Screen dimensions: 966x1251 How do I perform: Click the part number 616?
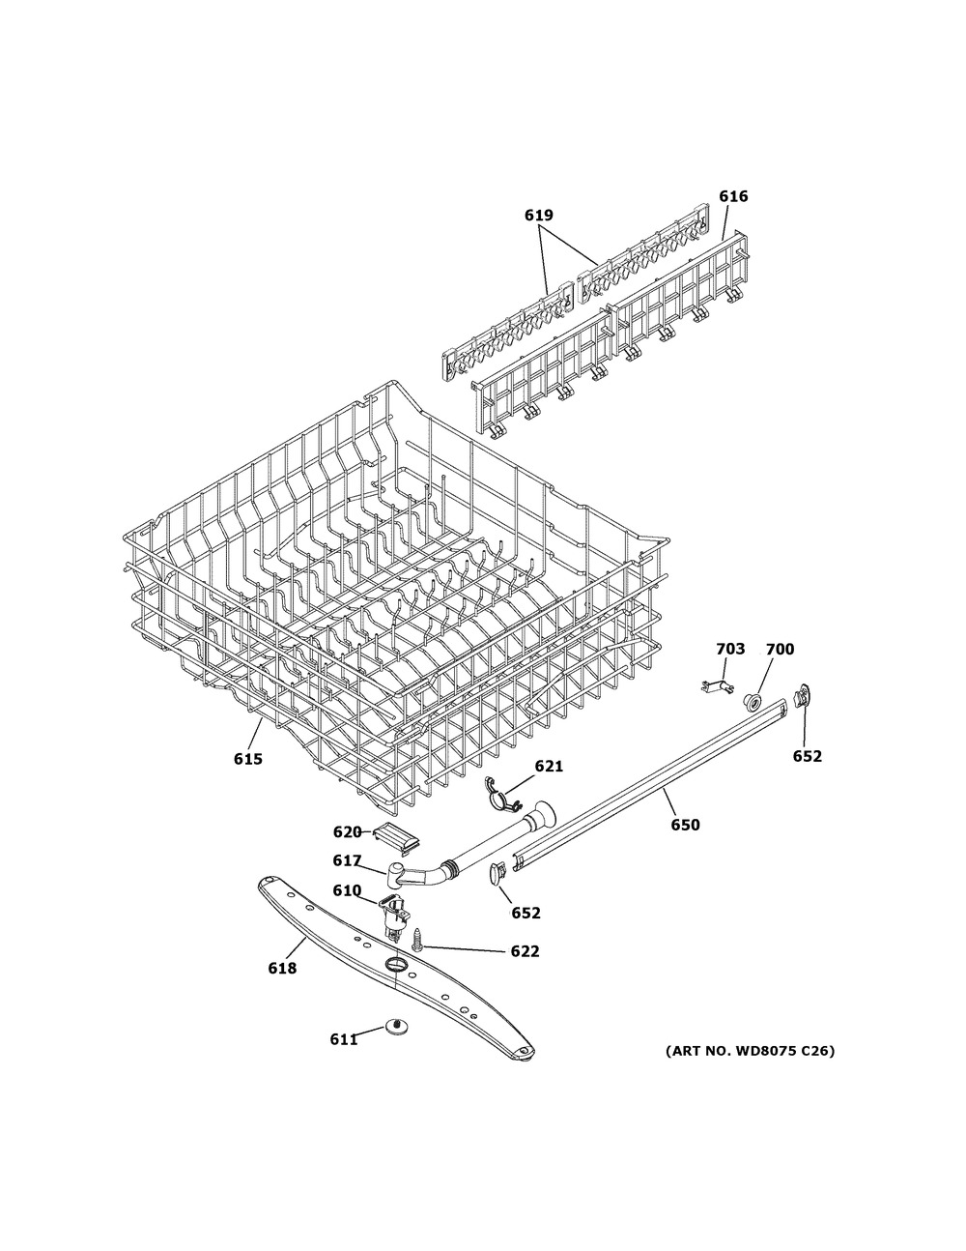point(734,196)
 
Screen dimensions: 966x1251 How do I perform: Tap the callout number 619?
point(539,216)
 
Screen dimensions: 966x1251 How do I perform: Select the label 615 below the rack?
point(248,759)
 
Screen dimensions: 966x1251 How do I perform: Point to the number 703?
point(730,649)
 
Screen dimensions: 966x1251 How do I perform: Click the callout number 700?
point(780,649)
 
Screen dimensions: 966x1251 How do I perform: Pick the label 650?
point(686,825)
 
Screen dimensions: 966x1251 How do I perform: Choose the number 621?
point(549,767)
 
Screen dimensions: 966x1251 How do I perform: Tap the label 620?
point(348,831)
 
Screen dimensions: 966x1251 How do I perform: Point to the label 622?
point(525,951)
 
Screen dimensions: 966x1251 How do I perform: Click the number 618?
point(282,969)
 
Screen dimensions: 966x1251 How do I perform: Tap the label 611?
point(344,1039)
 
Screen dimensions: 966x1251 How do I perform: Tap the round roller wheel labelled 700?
point(753,700)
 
